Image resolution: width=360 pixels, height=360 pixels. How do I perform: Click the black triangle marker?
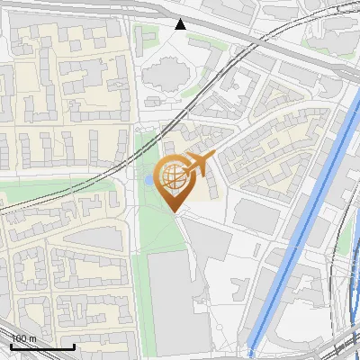click(x=181, y=24)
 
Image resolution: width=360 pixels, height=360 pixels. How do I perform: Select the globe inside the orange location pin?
click(x=171, y=176)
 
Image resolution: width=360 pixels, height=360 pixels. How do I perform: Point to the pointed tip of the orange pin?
click(x=171, y=211)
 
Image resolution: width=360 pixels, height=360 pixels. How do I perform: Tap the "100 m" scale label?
click(x=23, y=338)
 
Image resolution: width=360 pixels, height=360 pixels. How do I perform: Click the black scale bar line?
click(x=42, y=346)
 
